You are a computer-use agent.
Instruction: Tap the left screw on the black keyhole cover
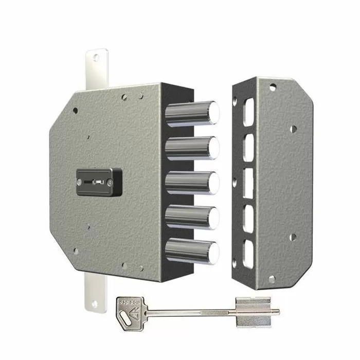click(80, 181)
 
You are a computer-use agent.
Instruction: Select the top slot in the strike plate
click(248, 112)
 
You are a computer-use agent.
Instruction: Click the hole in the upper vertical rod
click(96, 58)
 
